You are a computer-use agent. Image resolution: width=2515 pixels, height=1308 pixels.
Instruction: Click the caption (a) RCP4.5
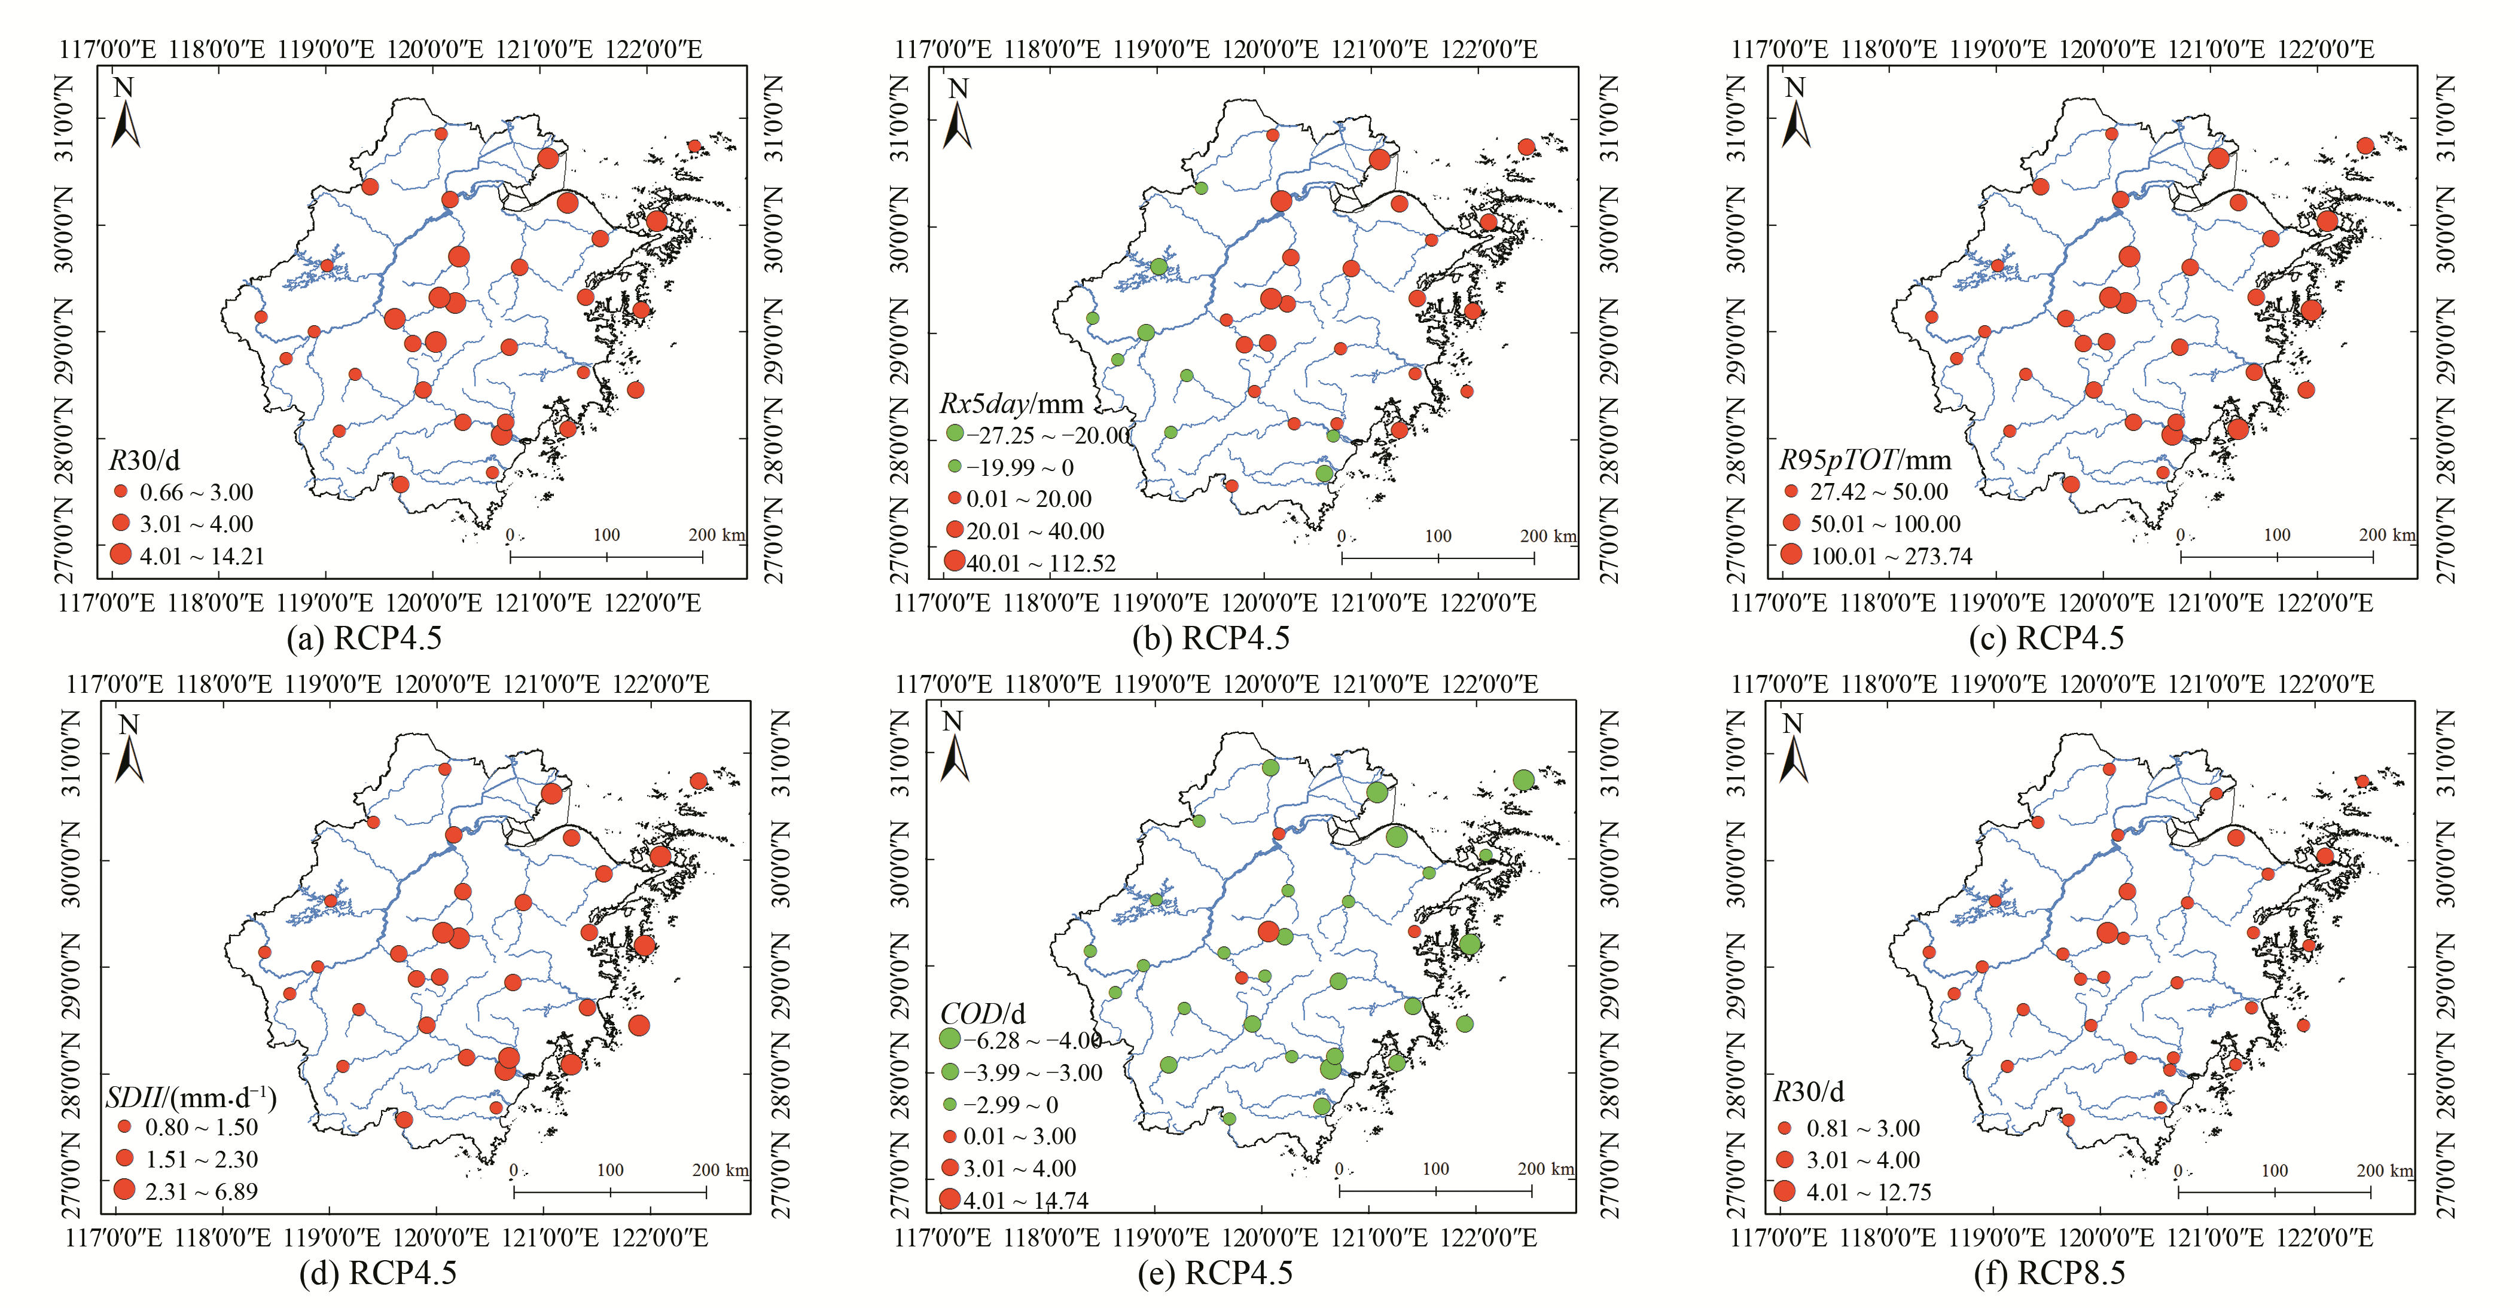364,638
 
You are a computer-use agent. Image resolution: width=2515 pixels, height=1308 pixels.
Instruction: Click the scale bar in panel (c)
2277,557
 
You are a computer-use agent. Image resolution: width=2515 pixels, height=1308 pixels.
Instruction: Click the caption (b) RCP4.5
1211,638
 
